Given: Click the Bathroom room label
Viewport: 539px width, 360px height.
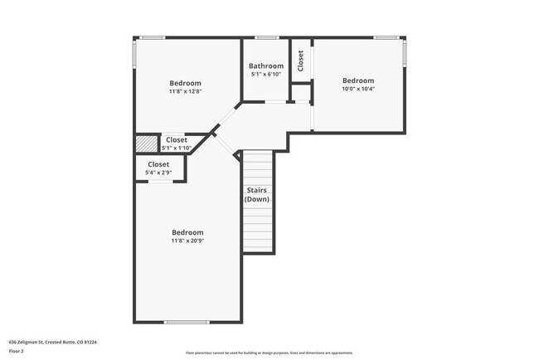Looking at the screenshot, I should (x=266, y=66).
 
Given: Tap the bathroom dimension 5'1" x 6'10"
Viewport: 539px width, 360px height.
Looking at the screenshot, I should (x=266, y=74).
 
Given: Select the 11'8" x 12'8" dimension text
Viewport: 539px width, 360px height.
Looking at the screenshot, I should (x=186, y=91).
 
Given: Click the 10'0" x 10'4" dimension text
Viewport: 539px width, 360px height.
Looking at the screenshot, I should (x=358, y=88).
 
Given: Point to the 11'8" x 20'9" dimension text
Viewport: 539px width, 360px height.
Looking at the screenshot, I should (x=187, y=241).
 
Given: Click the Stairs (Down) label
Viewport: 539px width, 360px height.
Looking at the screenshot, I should (x=256, y=195).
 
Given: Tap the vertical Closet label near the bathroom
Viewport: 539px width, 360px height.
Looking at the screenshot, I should (x=300, y=59).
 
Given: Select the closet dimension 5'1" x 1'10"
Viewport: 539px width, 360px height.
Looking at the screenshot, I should (x=177, y=148).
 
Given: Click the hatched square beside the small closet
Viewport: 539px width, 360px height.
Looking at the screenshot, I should (x=146, y=144).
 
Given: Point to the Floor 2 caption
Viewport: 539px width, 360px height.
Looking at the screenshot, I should (x=17, y=351).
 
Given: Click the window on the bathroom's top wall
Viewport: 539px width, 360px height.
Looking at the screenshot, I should (x=266, y=37).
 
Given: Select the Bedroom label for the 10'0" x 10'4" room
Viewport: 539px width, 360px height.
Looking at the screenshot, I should (x=358, y=80).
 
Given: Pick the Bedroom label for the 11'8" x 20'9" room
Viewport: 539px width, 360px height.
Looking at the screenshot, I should (x=187, y=232).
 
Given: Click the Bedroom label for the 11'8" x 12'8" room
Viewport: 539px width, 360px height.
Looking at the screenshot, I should (x=186, y=83).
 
